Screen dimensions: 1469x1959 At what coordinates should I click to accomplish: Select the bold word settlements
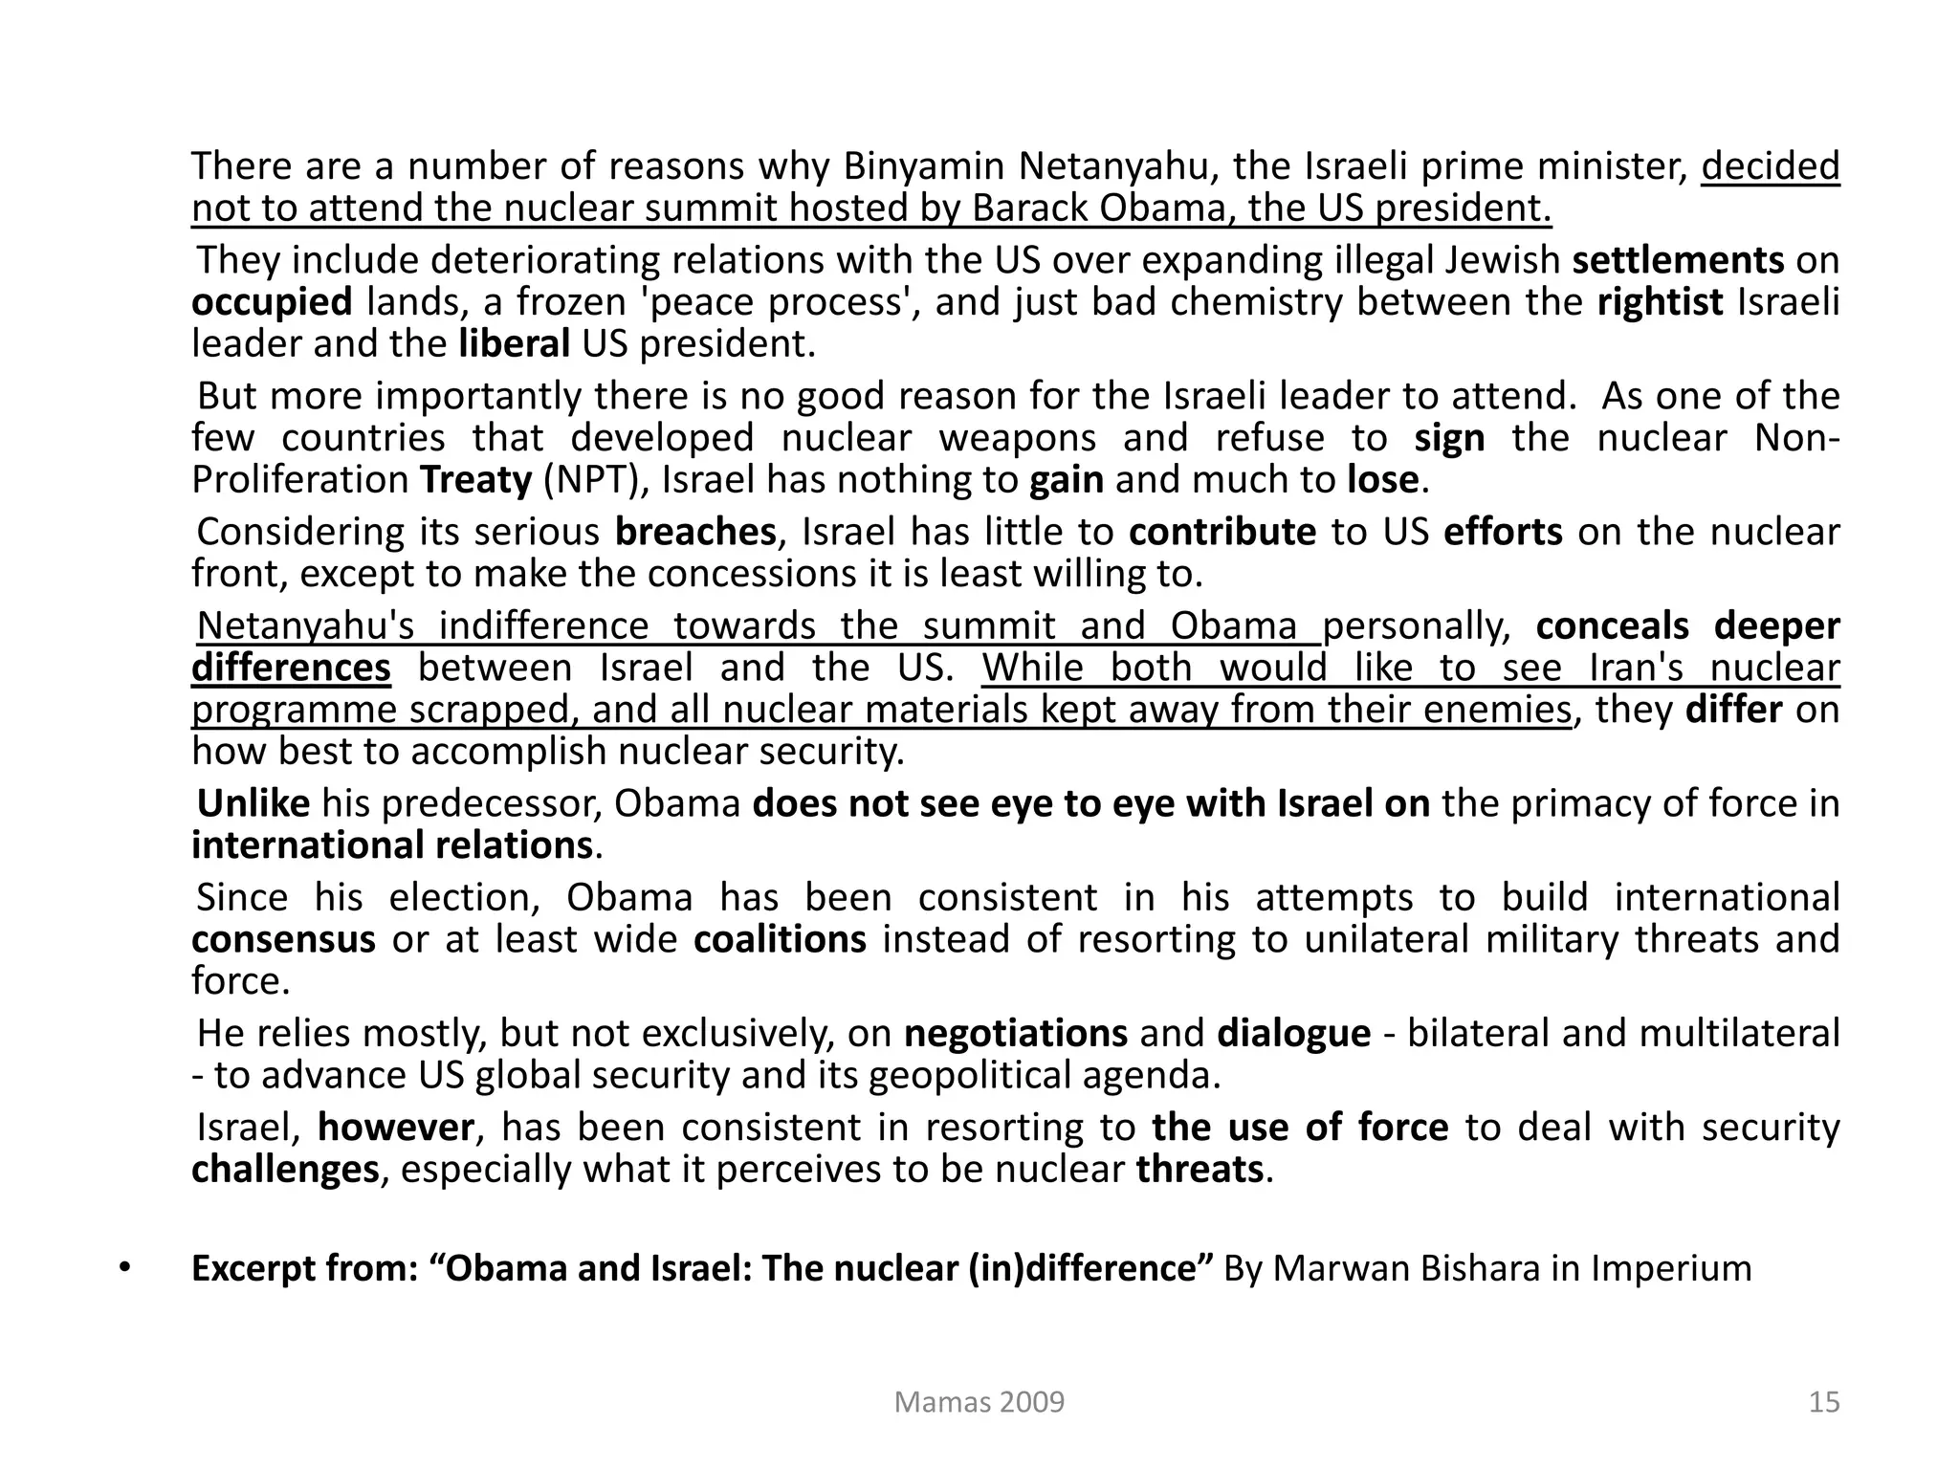point(1678,260)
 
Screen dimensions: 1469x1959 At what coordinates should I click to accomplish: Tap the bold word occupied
point(272,302)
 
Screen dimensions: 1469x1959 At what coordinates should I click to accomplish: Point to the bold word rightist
point(1660,302)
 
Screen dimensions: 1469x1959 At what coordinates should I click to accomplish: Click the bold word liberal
point(514,343)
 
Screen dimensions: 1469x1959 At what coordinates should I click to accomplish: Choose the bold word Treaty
point(475,479)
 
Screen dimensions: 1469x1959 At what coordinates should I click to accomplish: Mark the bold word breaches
point(694,532)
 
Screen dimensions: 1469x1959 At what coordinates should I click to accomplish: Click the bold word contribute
point(1222,532)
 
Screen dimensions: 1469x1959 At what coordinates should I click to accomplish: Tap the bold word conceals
point(1612,625)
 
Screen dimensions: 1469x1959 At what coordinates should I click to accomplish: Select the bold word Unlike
point(253,803)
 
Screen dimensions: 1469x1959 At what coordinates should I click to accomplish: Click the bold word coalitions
point(780,939)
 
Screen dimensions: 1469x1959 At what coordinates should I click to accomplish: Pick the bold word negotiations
point(1015,1034)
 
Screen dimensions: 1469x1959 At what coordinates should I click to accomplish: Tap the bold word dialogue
point(1293,1034)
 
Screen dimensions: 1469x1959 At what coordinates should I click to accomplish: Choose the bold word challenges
point(285,1170)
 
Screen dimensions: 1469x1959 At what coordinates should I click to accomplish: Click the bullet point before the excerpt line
point(123,1267)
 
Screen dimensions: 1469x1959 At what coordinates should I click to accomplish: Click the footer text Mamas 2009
point(979,1402)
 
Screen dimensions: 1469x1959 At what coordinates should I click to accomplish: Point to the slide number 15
point(1824,1402)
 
